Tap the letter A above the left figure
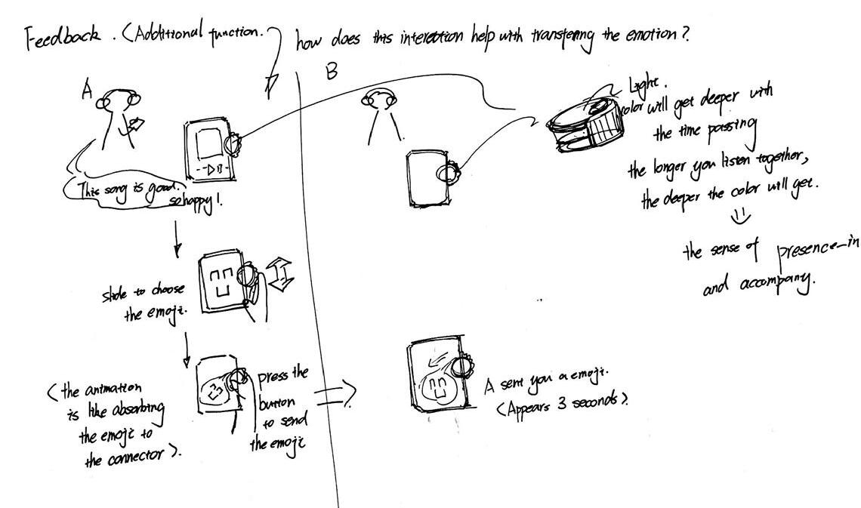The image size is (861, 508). tap(88, 91)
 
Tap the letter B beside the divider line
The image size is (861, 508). tap(331, 71)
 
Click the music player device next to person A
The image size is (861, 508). tap(209, 148)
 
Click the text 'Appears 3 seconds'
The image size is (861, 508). tap(562, 403)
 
